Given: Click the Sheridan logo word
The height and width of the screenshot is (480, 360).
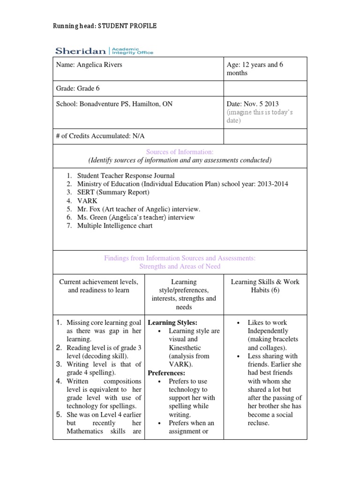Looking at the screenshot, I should coord(81,51).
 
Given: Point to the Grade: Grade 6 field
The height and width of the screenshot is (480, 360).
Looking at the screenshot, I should coord(78,89).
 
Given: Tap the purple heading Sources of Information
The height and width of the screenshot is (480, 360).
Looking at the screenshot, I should coord(180,152).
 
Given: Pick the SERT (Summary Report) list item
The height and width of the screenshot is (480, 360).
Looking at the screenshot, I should coord(113,193).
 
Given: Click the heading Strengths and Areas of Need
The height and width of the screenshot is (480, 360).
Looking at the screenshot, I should coord(180,266).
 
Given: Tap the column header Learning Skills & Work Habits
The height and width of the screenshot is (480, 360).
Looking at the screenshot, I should coord(265,286).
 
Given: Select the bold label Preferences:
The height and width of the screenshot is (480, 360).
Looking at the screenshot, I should coord(166,373).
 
